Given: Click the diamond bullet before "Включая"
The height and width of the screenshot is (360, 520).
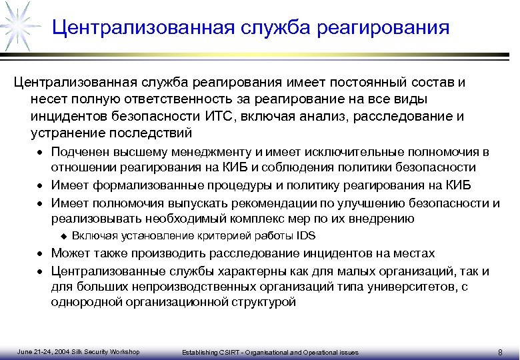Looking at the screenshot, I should click(x=64, y=236).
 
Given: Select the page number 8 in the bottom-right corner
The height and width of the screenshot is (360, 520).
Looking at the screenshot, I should click(x=500, y=352).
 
